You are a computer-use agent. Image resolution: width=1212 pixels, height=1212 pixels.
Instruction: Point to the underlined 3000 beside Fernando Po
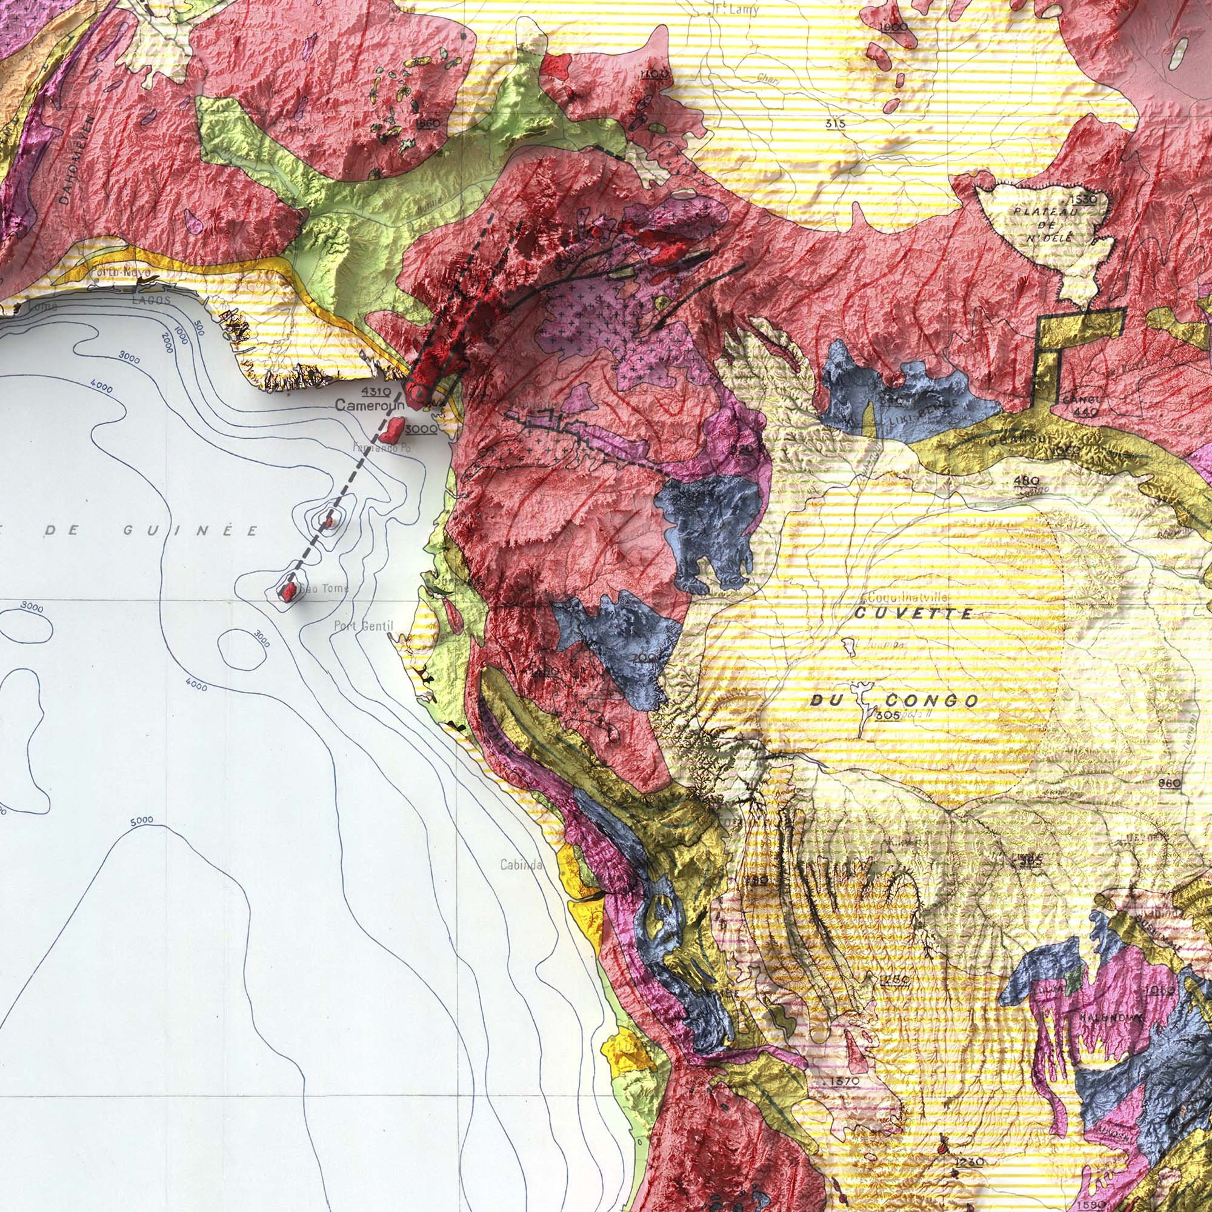point(421,428)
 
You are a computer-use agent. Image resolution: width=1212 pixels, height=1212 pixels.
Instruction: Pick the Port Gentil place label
point(363,625)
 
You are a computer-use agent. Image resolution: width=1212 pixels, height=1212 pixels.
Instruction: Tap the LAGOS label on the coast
point(150,301)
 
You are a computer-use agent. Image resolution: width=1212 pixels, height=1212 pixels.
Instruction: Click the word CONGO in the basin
point(931,701)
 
